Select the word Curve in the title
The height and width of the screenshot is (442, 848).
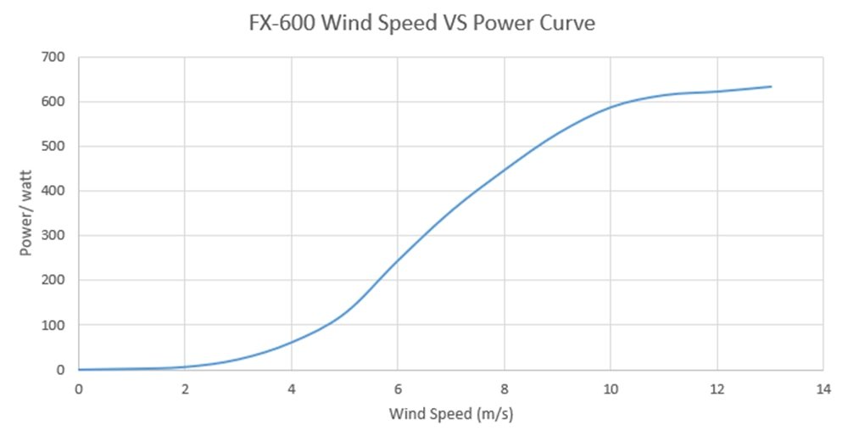[567, 24]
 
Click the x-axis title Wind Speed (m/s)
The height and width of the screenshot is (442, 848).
[452, 415]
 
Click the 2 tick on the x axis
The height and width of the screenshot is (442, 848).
[185, 389]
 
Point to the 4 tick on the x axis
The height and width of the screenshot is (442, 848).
[292, 389]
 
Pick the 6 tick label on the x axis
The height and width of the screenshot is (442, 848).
[398, 389]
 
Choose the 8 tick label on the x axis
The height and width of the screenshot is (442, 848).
[505, 389]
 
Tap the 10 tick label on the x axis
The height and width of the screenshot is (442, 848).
[611, 389]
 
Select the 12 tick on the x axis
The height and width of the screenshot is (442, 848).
[717, 389]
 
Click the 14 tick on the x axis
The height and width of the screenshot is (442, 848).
[823, 389]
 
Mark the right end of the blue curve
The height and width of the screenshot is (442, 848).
[770, 87]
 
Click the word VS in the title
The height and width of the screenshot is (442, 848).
[449, 24]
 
